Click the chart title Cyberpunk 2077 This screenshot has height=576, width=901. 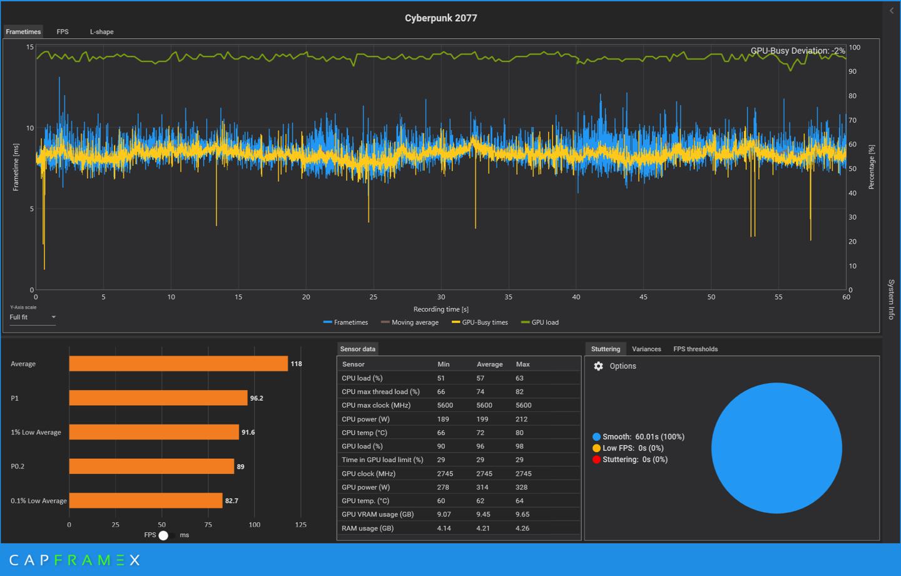pyautogui.click(x=440, y=18)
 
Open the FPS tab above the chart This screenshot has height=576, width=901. pyautogui.click(x=63, y=32)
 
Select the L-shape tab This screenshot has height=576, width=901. pyautogui.click(x=101, y=32)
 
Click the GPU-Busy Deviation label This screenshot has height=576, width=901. pyautogui.click(x=797, y=51)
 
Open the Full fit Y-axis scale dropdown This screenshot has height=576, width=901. pyautogui.click(x=33, y=317)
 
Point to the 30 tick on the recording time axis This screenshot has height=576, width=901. pyautogui.click(x=441, y=297)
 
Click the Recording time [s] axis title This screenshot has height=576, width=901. pyautogui.click(x=440, y=309)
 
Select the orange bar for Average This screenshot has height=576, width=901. pyautogui.click(x=178, y=364)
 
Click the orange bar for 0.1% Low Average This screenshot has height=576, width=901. pyautogui.click(x=145, y=501)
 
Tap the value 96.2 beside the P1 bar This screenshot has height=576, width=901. pyautogui.click(x=257, y=398)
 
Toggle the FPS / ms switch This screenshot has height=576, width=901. pyautogui.click(x=164, y=535)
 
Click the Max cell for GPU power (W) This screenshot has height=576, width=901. pyautogui.click(x=522, y=487)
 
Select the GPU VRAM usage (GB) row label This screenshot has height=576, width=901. pyautogui.click(x=377, y=515)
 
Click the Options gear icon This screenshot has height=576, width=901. pyautogui.click(x=598, y=366)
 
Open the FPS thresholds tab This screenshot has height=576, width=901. pyautogui.click(x=695, y=349)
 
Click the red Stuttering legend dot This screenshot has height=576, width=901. pyautogui.click(x=596, y=460)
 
